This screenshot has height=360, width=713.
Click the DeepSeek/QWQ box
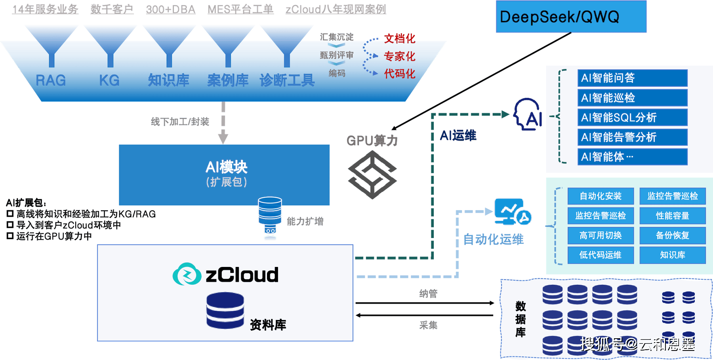pyautogui.click(x=571, y=16)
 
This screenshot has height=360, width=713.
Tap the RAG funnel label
pyautogui.click(x=51, y=80)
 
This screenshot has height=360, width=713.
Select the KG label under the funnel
pyautogui.click(x=109, y=80)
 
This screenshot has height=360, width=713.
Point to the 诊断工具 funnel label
pyautogui.click(x=287, y=80)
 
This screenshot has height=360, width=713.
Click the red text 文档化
pyautogui.click(x=400, y=38)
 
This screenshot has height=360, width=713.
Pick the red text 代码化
pyautogui.click(x=400, y=73)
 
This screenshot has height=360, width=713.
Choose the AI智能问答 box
pyautogui.click(x=632, y=78)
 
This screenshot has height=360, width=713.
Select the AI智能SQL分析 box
pyautogui.click(x=632, y=117)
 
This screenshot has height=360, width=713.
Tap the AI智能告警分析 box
pyautogui.click(x=632, y=137)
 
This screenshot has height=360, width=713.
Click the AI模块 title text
pyautogui.click(x=227, y=167)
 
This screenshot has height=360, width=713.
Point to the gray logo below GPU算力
pyautogui.click(x=372, y=175)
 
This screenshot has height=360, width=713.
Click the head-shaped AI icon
pyautogui.click(x=528, y=114)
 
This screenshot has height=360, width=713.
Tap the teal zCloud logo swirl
pyautogui.click(x=187, y=274)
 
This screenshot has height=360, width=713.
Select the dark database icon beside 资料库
pyautogui.click(x=225, y=310)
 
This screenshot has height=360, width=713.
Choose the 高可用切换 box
pyautogui.click(x=601, y=236)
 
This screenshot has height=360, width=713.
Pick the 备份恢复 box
pyautogui.click(x=673, y=236)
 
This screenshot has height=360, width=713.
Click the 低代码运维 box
pyautogui.click(x=601, y=255)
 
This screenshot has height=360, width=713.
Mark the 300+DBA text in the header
pyautogui.click(x=171, y=10)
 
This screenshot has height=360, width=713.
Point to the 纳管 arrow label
pyautogui.click(x=428, y=293)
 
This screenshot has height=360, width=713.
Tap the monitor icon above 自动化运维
pyautogui.click(x=513, y=211)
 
